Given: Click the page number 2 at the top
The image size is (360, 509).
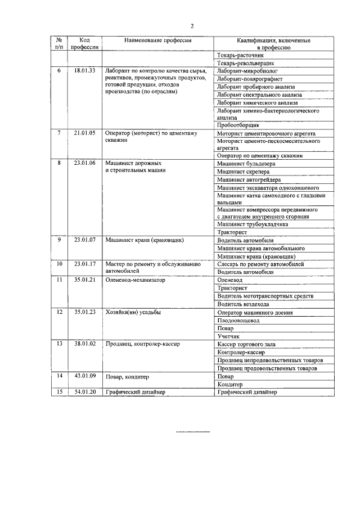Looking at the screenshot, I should [x=192, y=26].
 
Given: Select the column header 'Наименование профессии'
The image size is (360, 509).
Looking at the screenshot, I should [x=158, y=41].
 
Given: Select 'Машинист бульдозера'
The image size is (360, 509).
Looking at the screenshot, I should [x=246, y=163].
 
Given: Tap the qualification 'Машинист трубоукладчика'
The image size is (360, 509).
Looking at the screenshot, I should [x=253, y=224].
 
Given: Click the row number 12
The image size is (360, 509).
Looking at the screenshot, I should [x=59, y=312].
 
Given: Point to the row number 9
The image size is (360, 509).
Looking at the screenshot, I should [x=59, y=240].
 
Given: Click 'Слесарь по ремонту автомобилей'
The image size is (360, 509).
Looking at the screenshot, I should [x=260, y=263].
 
